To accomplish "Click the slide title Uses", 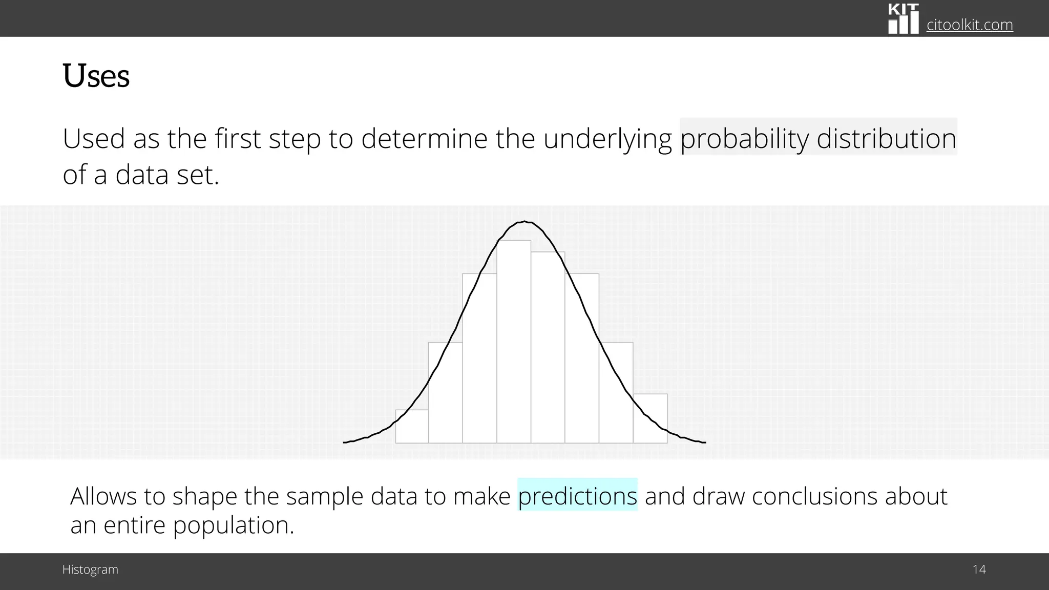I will tap(96, 76).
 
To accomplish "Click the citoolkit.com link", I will tap(969, 25).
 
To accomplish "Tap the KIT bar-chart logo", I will tap(903, 18).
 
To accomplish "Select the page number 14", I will tap(979, 569).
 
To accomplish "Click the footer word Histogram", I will tap(90, 570).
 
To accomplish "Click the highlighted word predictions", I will tap(577, 496).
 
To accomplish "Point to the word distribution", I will tap(886, 138).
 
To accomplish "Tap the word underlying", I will tap(607, 138).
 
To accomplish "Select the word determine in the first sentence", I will tap(424, 138).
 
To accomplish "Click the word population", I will tap(233, 525).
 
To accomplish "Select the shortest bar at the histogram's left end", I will tap(412, 427).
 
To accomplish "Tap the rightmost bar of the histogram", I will tap(650, 418).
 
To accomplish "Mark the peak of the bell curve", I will tap(525, 222).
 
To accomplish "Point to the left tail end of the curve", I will tap(345, 442).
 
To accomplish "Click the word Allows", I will tap(103, 496).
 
